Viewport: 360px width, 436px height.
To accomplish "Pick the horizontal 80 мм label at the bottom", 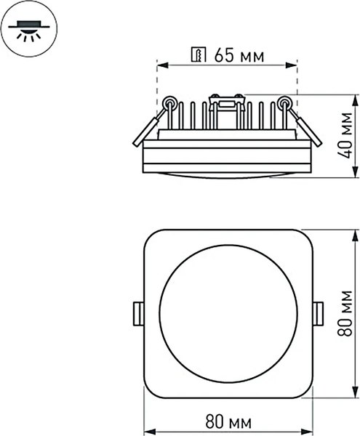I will [x=229, y=420].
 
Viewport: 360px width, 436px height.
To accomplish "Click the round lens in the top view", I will [x=228, y=315].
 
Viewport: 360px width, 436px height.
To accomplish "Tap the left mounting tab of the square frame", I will [x=136, y=315].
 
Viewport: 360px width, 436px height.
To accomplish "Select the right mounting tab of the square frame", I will [x=318, y=315].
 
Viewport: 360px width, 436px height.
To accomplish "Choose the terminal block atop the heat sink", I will [x=226, y=102].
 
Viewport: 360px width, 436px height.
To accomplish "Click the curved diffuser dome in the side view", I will [x=228, y=174].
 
